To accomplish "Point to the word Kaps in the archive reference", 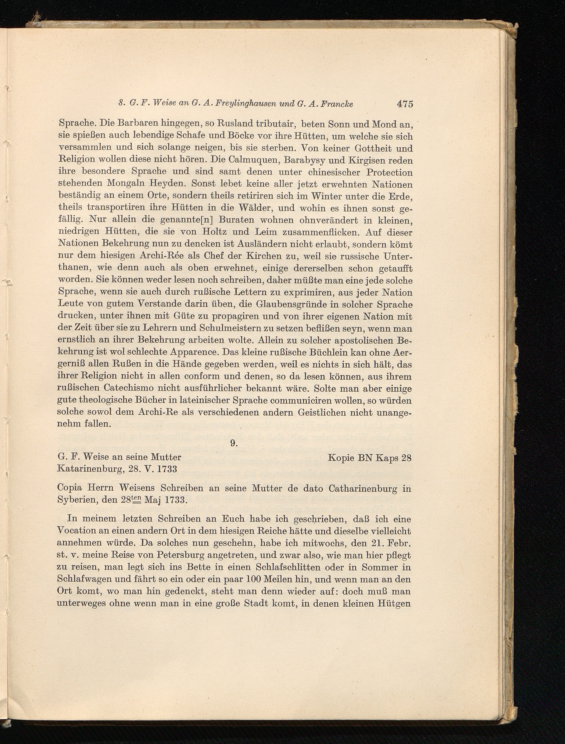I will point(387,458).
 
